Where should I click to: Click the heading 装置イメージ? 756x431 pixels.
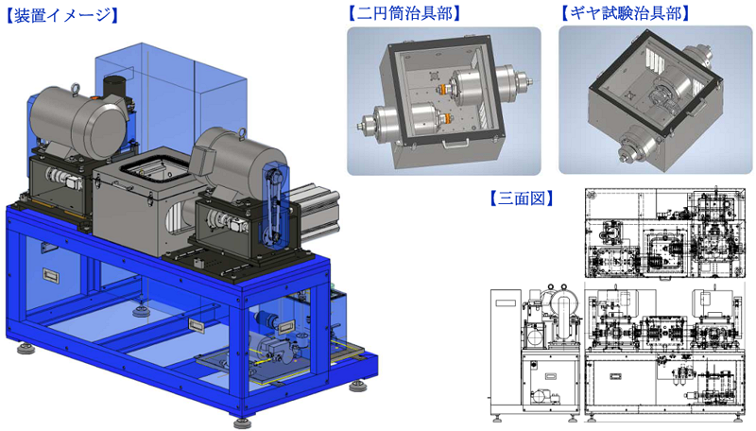pyautogui.click(x=61, y=15)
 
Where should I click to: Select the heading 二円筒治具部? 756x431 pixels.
pyautogui.click(x=404, y=13)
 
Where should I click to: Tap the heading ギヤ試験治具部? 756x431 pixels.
pyautogui.click(x=626, y=13)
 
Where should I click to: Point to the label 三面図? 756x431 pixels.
pyautogui.click(x=522, y=198)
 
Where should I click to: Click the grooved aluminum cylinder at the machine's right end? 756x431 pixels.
pyautogui.click(x=318, y=212)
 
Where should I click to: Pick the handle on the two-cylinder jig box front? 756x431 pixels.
pyautogui.click(x=456, y=142)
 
